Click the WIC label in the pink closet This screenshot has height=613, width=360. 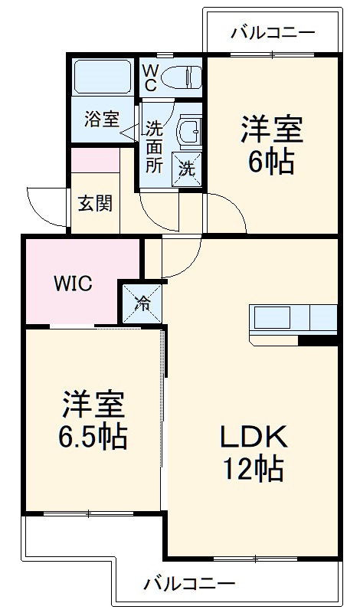[73, 284]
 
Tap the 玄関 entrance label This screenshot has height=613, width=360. [95, 203]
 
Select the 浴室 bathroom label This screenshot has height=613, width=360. [102, 120]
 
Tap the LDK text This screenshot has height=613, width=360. [254, 438]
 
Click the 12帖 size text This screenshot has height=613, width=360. [254, 467]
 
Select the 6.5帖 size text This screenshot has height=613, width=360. [94, 437]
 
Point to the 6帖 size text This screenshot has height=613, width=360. [271, 162]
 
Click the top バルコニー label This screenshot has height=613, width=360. [273, 32]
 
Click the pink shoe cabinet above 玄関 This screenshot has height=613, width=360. [95, 160]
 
